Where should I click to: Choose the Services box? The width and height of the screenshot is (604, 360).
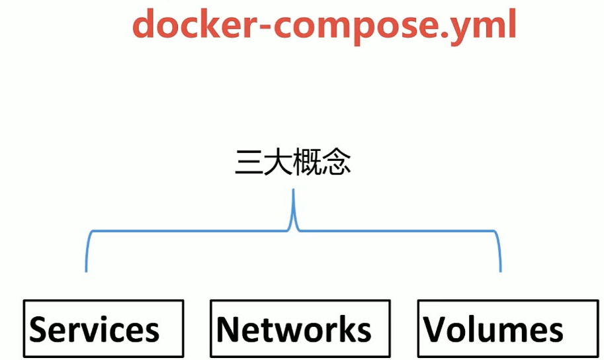103,328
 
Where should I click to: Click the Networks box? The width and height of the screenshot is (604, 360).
300,328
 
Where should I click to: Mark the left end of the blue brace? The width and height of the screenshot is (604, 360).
86,269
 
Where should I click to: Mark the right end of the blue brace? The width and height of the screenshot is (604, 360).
500,269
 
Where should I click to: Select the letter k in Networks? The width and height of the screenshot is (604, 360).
344,328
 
